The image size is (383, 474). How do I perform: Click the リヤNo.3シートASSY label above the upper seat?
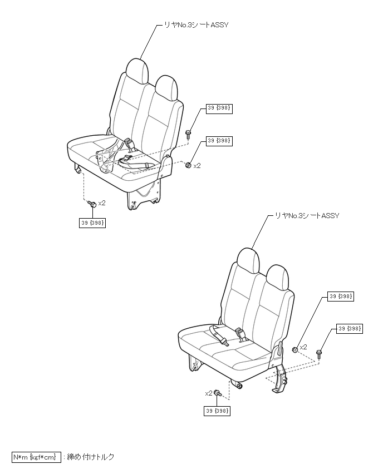195,24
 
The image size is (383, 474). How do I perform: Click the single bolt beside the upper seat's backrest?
189,133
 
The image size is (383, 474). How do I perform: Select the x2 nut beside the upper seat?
189,165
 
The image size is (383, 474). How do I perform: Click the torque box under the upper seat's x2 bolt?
93,223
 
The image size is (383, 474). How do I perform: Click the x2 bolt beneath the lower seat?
219,393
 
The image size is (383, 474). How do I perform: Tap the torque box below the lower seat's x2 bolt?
217,411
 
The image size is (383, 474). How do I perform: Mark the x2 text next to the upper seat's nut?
197,165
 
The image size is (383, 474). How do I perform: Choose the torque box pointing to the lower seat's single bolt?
350,329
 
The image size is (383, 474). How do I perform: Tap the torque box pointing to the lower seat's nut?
340,297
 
